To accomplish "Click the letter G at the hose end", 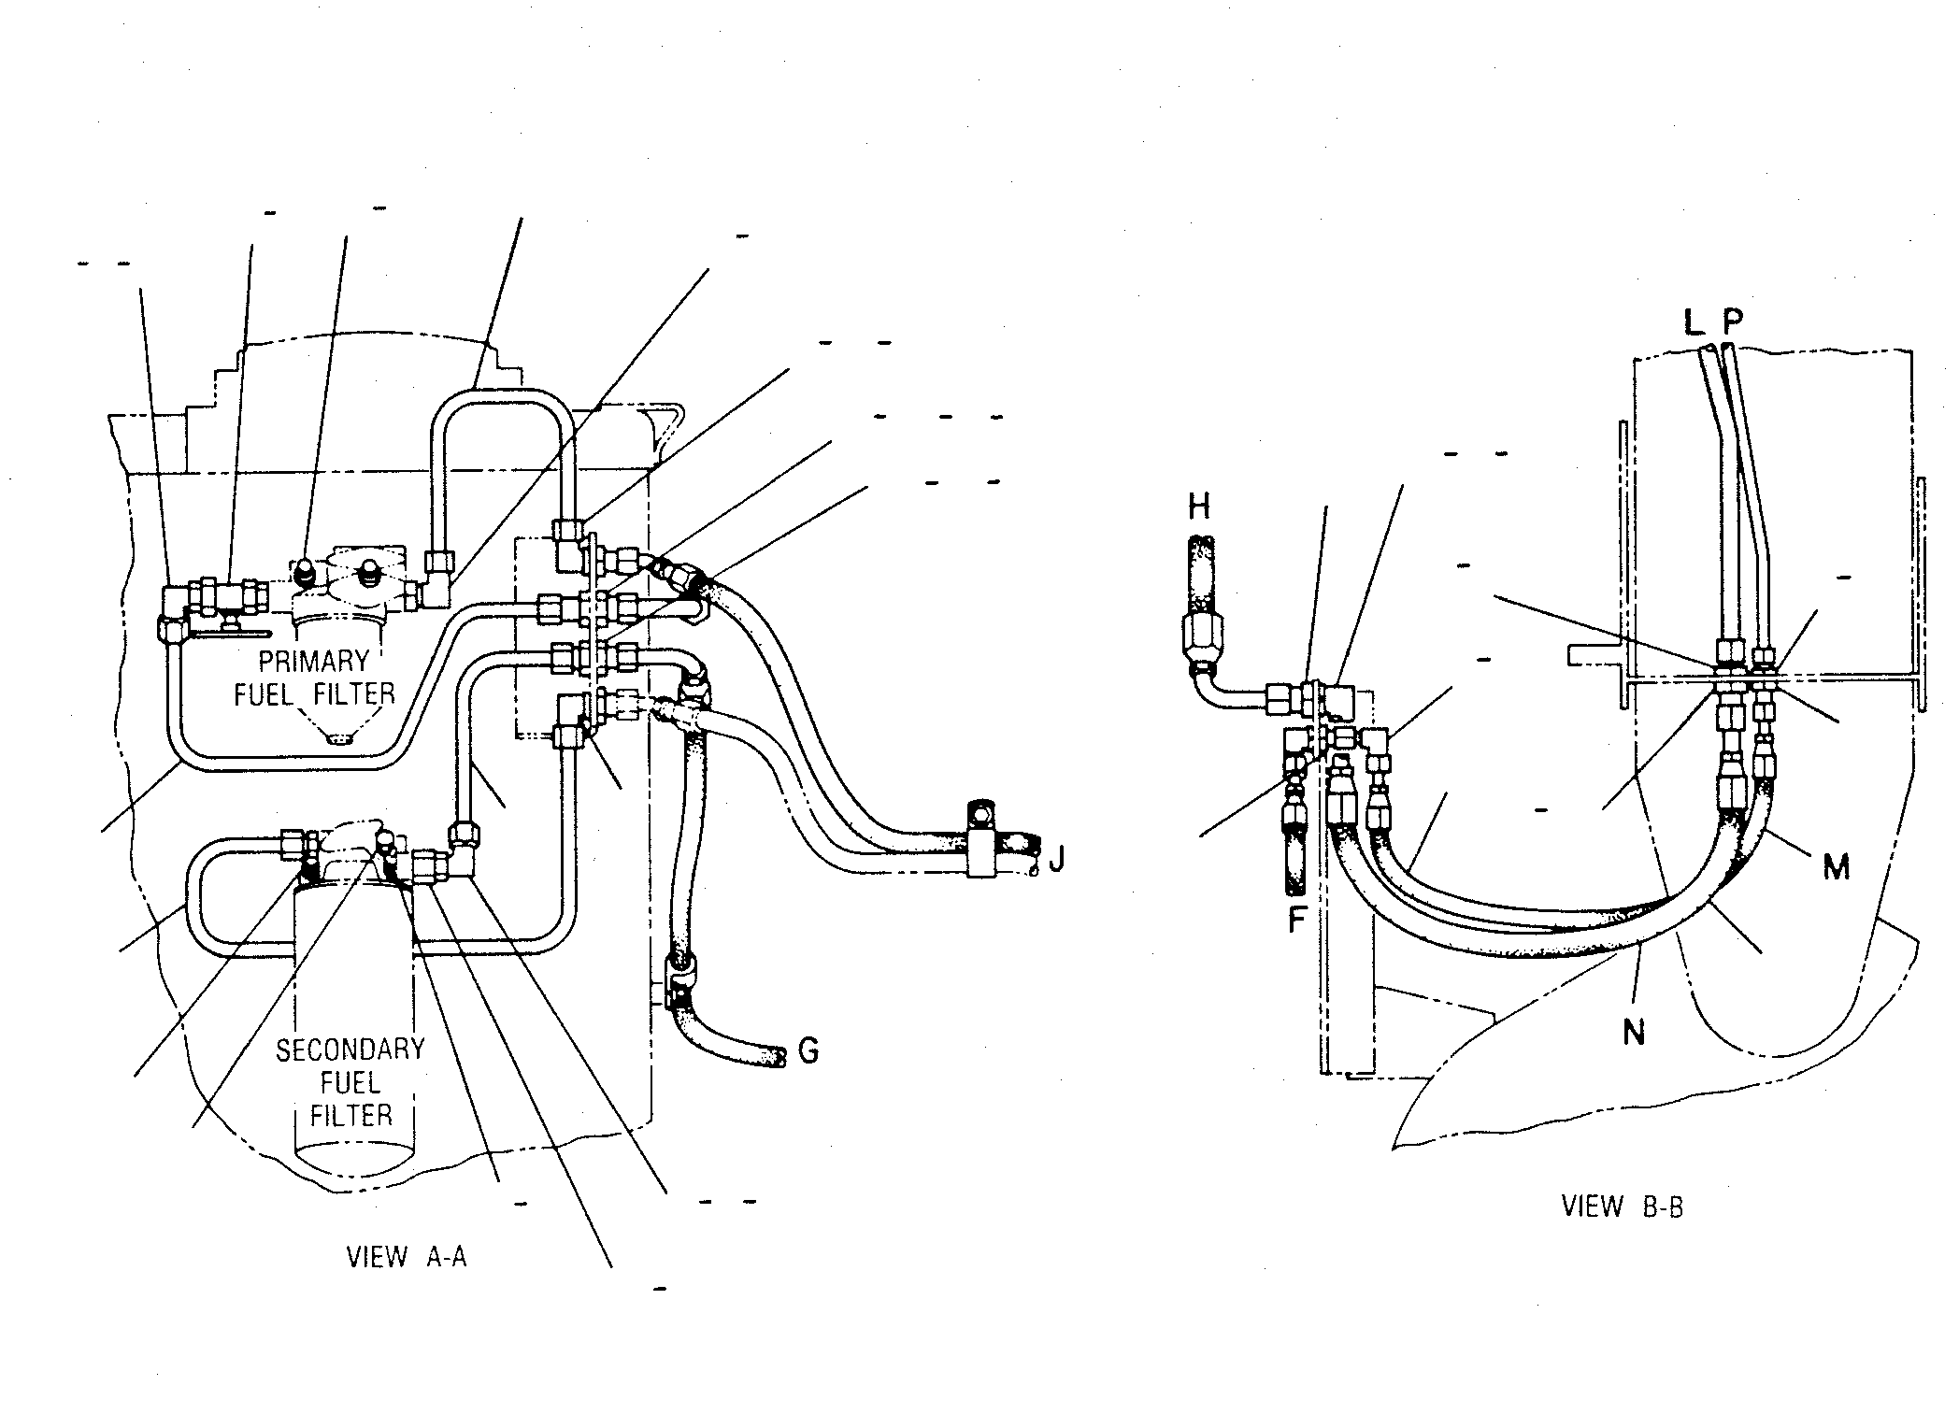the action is (x=808, y=1050).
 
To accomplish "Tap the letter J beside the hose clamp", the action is (x=1056, y=857).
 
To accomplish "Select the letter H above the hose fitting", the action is (x=1198, y=507).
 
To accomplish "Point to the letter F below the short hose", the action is (x=1296, y=920).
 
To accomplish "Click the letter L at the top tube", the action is (x=1694, y=322).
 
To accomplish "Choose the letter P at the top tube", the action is (x=1733, y=322).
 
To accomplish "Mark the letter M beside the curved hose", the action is (x=1837, y=867).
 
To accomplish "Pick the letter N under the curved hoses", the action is (x=1634, y=1033).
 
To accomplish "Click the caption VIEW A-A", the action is (x=407, y=1257).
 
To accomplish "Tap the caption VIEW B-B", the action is (x=1623, y=1207).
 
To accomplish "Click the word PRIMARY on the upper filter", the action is (x=314, y=662).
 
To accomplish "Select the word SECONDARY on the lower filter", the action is (x=350, y=1050).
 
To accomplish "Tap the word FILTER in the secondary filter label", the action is (x=351, y=1115).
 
